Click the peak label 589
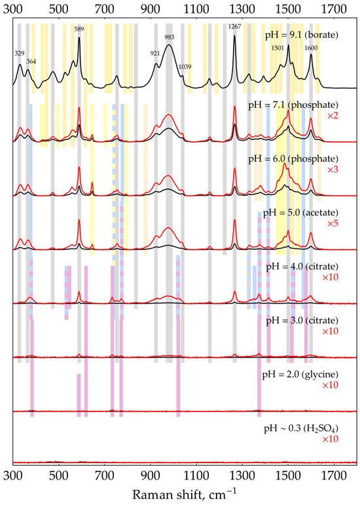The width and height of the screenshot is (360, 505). tap(79, 29)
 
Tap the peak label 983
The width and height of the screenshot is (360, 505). tap(170, 37)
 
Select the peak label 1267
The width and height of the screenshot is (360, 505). tap(234, 26)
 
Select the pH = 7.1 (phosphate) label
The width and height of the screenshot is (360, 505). tap(301, 104)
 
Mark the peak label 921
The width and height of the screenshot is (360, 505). tap(155, 54)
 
